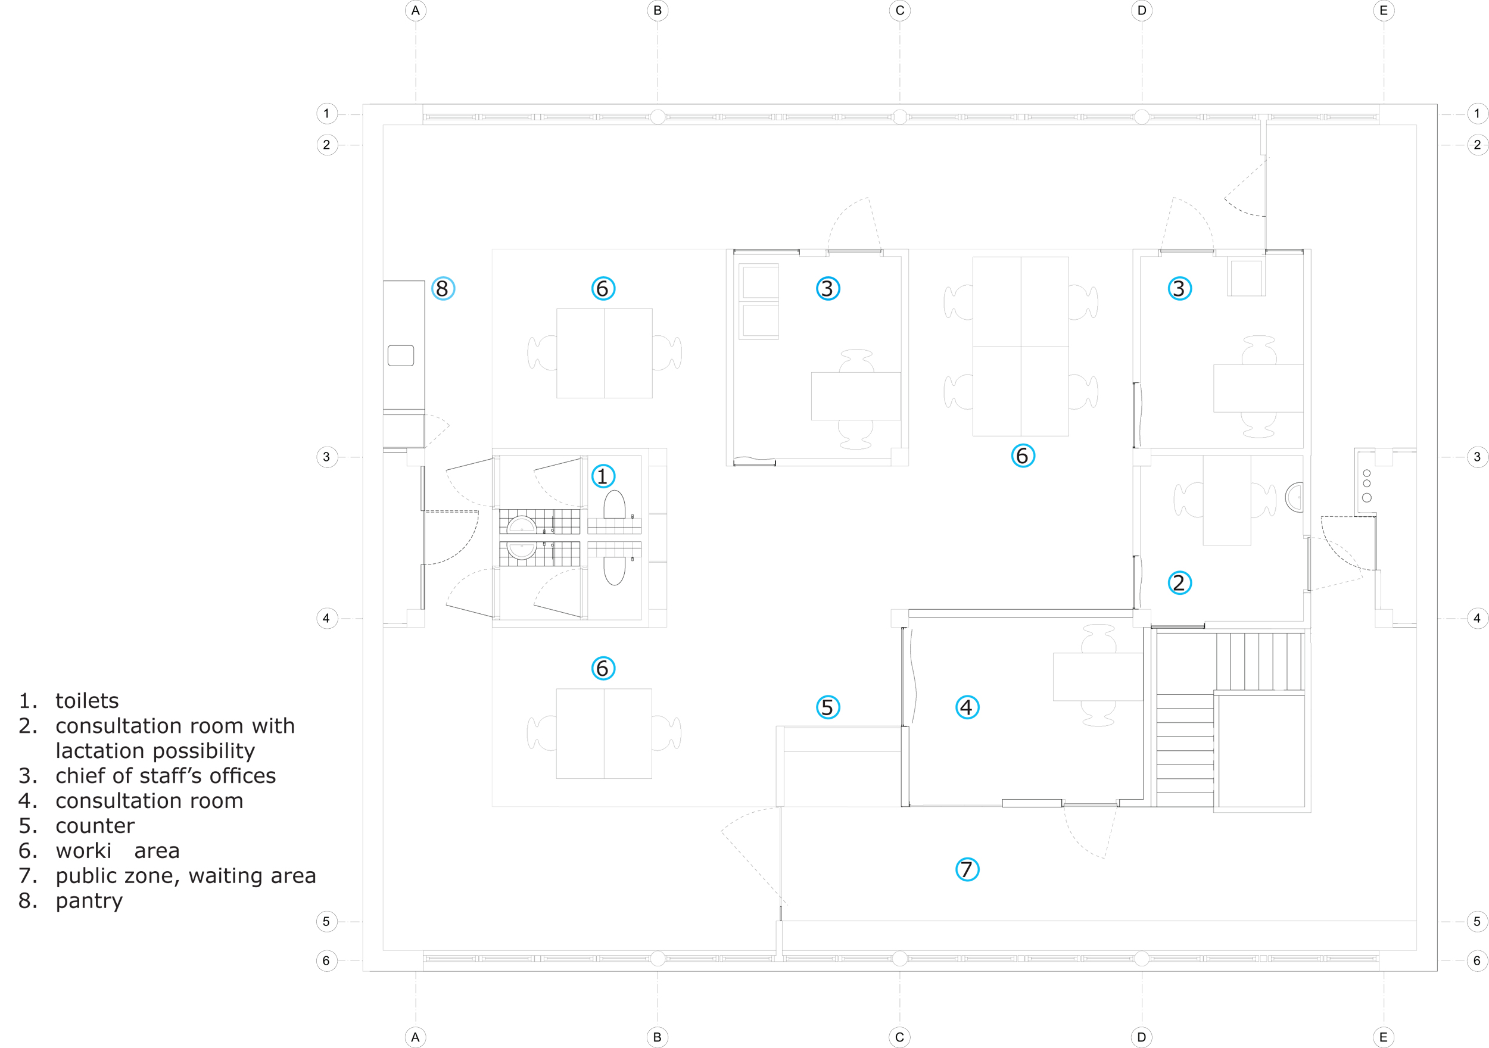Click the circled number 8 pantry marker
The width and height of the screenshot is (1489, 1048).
click(443, 289)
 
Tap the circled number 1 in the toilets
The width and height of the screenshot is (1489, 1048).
click(603, 476)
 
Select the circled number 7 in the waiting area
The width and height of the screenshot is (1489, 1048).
click(967, 869)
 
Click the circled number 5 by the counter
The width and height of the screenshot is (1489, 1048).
click(827, 707)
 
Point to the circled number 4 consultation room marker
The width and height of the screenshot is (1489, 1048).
click(967, 707)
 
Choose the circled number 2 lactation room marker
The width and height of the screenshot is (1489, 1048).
click(1179, 582)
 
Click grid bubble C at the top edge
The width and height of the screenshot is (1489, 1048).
click(899, 10)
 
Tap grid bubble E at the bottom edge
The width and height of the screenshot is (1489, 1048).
click(1384, 1037)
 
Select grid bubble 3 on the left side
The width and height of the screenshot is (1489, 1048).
click(326, 457)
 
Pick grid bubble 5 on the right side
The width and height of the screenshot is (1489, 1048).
click(1476, 921)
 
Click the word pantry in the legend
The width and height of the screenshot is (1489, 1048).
click(89, 901)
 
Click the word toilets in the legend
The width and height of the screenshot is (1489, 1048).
click(87, 701)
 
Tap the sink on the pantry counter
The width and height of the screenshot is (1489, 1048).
click(401, 355)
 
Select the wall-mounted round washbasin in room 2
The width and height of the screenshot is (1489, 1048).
click(1295, 497)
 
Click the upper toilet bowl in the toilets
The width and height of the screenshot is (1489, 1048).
click(614, 504)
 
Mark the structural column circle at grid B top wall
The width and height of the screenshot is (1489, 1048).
click(658, 117)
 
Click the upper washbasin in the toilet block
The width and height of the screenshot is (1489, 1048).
click(521, 524)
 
